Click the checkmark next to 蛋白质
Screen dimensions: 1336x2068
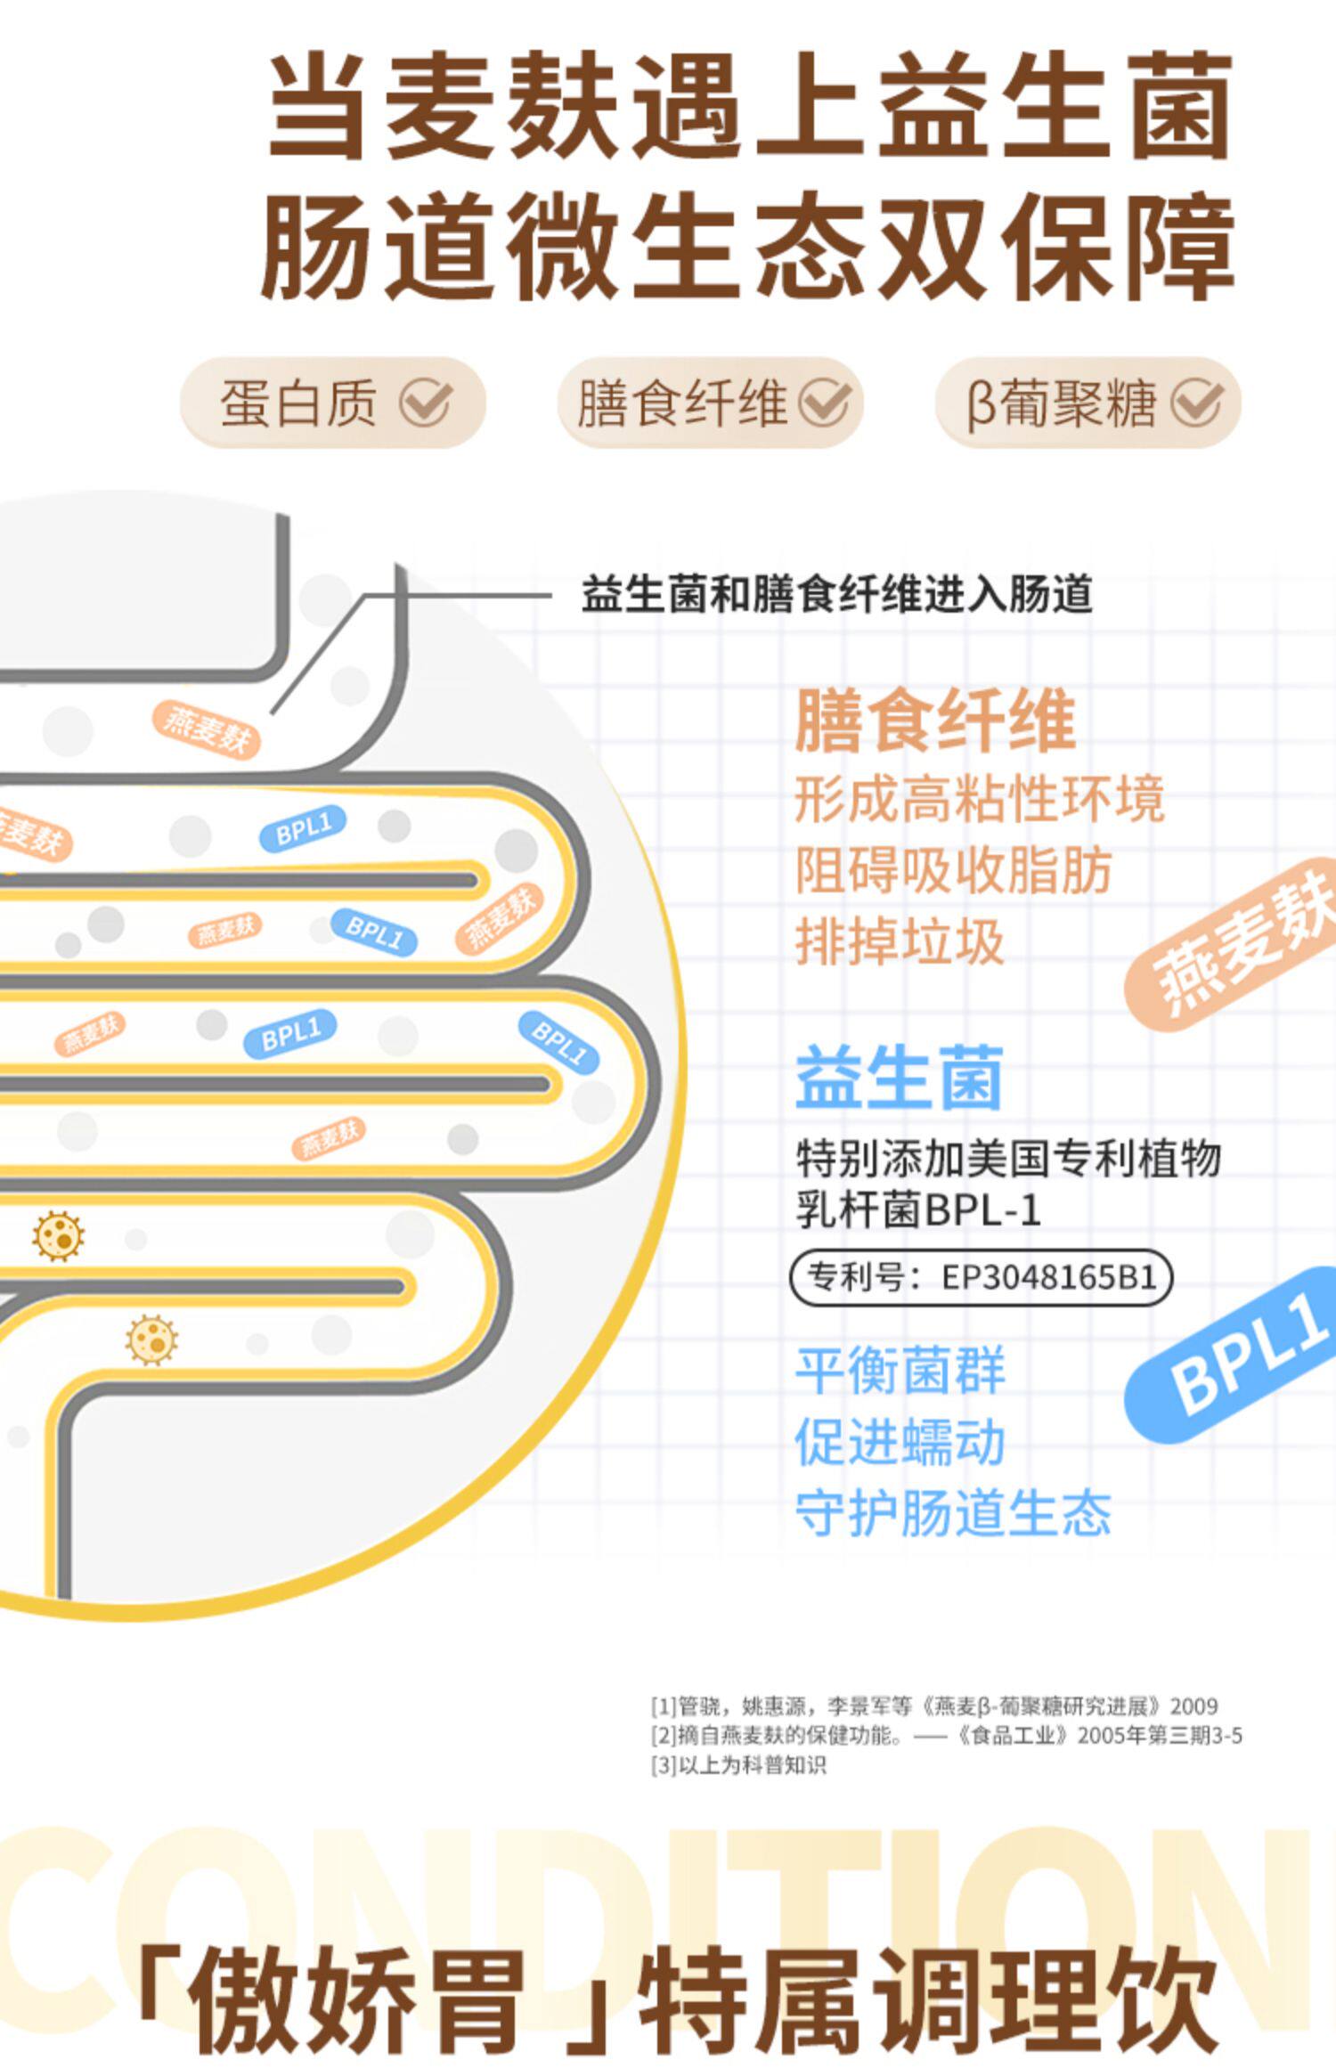pos(425,403)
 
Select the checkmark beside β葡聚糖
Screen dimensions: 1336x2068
pos(1196,403)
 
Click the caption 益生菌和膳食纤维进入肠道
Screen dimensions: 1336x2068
pos(836,595)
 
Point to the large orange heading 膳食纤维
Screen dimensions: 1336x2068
pos(935,721)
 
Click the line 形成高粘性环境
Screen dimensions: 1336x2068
pos(979,799)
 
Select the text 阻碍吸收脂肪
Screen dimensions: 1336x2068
pos(953,870)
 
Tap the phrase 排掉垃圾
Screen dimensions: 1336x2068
pos(900,941)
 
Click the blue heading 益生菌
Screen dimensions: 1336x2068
pos(900,1078)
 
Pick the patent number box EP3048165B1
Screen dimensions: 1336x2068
pos(981,1278)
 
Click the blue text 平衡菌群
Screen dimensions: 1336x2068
pos(900,1371)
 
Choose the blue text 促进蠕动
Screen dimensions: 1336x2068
pos(900,1442)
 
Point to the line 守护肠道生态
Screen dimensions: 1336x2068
pos(953,1513)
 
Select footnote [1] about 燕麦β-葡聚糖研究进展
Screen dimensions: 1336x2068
pos(933,1706)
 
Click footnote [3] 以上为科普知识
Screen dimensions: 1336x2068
pos(738,1765)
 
